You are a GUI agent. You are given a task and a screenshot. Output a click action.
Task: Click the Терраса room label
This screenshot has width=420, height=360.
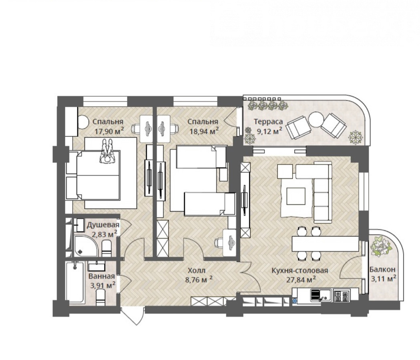click(x=268, y=122)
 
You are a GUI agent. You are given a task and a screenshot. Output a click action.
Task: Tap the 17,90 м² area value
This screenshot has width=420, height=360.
click(x=109, y=131)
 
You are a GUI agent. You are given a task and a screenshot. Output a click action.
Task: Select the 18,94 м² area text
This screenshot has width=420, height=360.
click(x=204, y=131)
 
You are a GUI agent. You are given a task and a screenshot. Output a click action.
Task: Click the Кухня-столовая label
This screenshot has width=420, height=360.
click(x=300, y=270)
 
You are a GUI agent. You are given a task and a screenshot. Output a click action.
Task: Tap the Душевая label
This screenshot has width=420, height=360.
click(x=103, y=225)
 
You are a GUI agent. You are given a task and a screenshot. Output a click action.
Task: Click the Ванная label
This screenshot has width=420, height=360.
click(x=102, y=276)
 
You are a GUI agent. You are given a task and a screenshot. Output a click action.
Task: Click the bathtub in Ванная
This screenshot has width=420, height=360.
click(x=75, y=282)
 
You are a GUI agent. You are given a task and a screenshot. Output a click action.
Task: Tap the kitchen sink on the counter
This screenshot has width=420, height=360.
click(x=321, y=296)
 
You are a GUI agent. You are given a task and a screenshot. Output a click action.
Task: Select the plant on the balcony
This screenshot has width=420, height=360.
click(x=380, y=246)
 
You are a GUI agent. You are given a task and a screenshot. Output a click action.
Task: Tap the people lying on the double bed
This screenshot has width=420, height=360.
click(x=107, y=152)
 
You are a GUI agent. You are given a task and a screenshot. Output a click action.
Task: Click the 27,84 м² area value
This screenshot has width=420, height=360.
click(x=301, y=280)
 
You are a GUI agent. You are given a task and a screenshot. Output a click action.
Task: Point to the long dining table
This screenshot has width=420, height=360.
click(x=326, y=244)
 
